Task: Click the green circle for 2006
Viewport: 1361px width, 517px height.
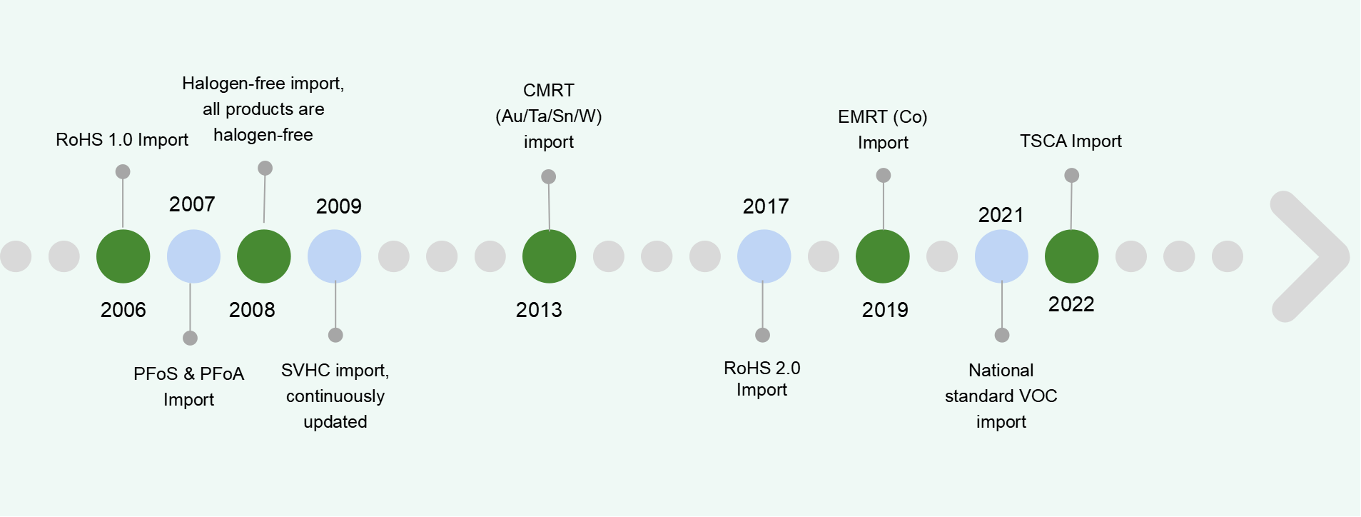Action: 123,256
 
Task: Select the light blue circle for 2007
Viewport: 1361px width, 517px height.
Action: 193,256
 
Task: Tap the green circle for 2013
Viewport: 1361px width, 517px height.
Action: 549,256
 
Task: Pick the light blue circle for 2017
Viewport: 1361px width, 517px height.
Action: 764,256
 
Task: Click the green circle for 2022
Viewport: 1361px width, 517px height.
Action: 1071,256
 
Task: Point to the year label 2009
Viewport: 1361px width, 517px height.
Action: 339,206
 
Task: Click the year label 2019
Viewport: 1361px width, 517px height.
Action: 885,310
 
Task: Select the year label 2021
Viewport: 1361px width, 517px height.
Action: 1001,215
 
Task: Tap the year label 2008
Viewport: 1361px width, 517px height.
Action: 252,310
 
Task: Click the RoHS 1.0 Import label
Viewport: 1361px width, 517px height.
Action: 122,140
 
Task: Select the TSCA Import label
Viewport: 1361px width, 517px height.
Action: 1071,141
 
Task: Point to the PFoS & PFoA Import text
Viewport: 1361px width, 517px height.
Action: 189,386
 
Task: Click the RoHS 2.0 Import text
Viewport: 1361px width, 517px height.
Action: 762,378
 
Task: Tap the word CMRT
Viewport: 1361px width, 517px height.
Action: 549,91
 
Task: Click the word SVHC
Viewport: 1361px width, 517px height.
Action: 305,371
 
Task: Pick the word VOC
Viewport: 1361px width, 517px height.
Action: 1038,396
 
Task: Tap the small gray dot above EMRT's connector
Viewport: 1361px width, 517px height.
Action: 884,175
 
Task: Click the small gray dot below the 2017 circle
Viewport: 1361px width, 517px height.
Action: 762,335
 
